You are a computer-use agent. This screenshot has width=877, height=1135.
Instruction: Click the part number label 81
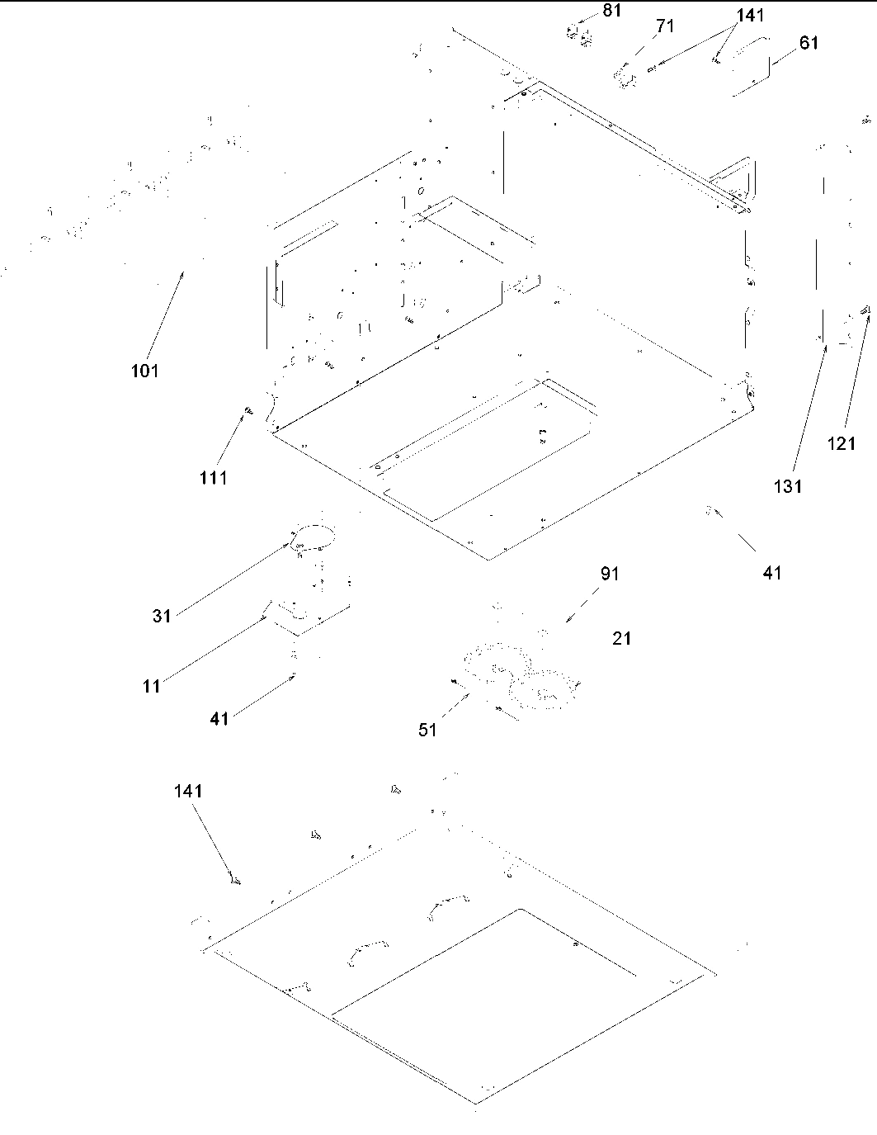(611, 11)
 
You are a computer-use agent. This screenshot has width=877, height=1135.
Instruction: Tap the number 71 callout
(665, 26)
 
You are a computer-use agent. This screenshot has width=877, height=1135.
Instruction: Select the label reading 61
(809, 43)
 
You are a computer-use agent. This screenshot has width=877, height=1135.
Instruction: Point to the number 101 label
(144, 371)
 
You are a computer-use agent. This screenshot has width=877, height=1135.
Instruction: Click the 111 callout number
(213, 477)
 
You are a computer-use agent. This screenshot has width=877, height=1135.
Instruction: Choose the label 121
(842, 444)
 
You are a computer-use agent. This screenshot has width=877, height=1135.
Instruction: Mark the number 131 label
(787, 486)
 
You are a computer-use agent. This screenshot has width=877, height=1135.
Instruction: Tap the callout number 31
(161, 616)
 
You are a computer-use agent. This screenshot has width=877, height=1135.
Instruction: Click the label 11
(152, 686)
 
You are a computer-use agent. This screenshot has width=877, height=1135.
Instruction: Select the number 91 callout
(609, 574)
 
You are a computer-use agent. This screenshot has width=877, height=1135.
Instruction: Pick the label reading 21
(622, 638)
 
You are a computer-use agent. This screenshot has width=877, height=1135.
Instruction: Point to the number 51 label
(427, 730)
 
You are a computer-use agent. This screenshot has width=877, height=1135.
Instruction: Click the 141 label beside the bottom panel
(187, 791)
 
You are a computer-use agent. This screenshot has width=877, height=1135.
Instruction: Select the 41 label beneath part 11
(219, 719)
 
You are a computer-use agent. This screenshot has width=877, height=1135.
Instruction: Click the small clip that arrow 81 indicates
(577, 34)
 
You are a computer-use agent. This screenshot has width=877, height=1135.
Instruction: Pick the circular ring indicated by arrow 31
(313, 537)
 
